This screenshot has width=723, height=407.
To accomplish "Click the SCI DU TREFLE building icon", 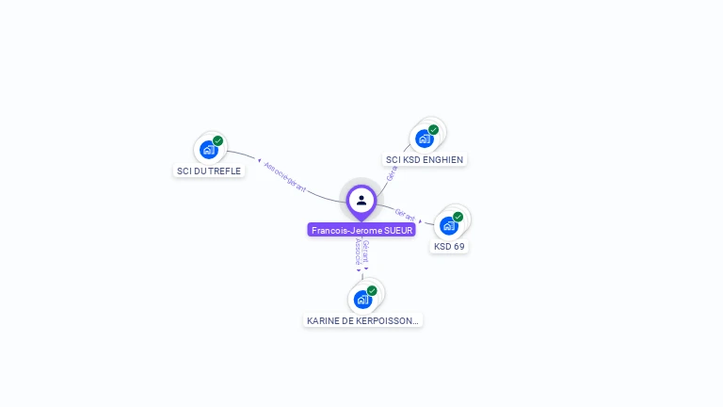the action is click(x=208, y=149).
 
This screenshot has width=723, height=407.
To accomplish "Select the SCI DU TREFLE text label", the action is click(x=209, y=171).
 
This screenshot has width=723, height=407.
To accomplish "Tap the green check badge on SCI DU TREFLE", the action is click(x=218, y=140).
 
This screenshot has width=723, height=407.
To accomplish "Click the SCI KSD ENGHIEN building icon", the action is click(x=424, y=138).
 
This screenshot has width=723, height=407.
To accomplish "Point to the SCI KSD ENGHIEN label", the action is click(x=425, y=160).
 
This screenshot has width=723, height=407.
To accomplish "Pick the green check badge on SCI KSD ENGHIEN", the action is click(x=434, y=129).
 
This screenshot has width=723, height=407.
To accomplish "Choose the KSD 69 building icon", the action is click(x=448, y=225).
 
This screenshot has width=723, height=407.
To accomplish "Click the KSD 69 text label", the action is click(x=449, y=247).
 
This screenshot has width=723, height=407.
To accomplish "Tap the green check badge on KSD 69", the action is click(x=458, y=217).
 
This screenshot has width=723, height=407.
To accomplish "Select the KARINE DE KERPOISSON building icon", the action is click(x=362, y=300).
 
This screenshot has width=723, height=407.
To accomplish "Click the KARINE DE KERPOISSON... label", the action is click(x=362, y=321).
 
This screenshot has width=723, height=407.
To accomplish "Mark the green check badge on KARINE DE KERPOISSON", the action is click(x=372, y=290).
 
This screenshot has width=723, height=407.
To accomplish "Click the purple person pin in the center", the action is click(x=361, y=201).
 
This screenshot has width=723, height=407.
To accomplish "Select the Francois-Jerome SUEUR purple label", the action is click(x=361, y=230).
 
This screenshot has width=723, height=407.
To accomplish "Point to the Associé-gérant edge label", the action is click(x=285, y=176).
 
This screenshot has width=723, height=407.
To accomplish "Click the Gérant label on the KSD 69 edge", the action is click(x=406, y=215).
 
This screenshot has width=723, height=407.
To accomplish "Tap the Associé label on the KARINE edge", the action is click(x=358, y=252).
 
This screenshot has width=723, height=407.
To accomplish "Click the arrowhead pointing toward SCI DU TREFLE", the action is click(x=259, y=160).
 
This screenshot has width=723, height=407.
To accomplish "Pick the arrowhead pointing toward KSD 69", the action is click(x=421, y=221).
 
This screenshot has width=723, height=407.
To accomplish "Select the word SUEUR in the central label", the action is click(x=398, y=230).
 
